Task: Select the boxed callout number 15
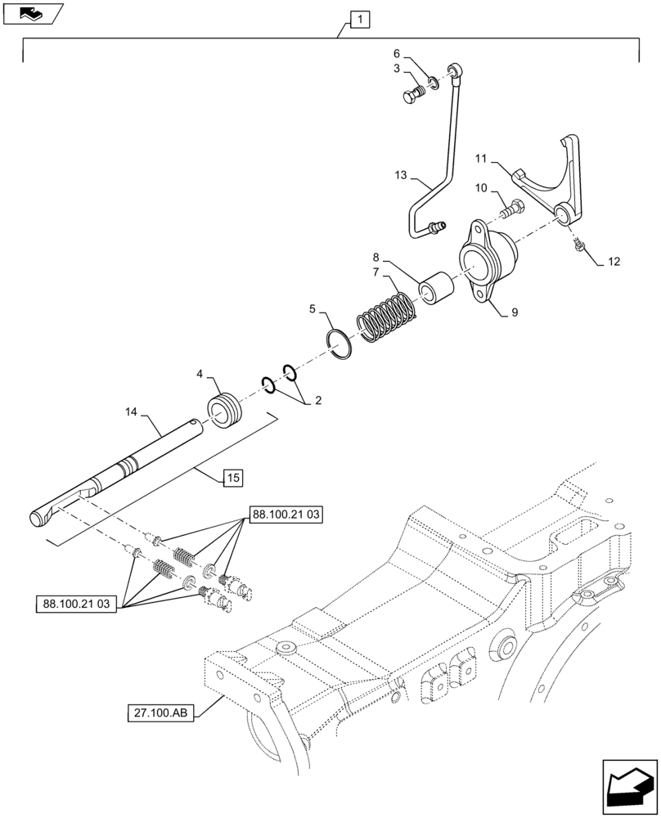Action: click(232, 478)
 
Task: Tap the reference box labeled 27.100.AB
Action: click(160, 713)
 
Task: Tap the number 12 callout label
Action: click(615, 262)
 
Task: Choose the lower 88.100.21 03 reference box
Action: click(78, 605)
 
